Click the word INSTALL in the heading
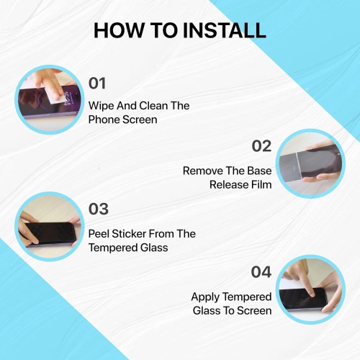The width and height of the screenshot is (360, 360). [x=225, y=30]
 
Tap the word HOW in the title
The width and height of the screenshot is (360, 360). [x=119, y=30]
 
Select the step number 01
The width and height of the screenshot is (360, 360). [x=97, y=84]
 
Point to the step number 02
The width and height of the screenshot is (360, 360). [x=261, y=146]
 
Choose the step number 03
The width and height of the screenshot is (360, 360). [x=99, y=209]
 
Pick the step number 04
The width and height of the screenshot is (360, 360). [x=261, y=272]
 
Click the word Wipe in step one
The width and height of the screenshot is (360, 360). [x=101, y=107]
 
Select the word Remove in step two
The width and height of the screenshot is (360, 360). [x=203, y=171]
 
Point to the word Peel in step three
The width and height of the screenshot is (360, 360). [x=99, y=234]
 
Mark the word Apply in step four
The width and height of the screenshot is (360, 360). [x=207, y=297]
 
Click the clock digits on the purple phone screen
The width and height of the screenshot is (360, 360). [x=68, y=99]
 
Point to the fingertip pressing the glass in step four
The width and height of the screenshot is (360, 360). [x=311, y=293]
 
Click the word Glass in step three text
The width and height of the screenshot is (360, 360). [x=154, y=248]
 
